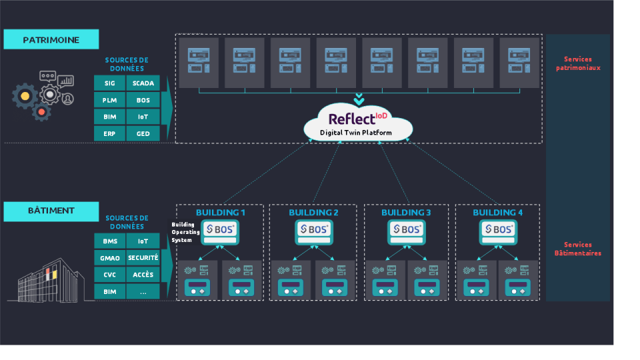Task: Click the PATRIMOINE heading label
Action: click(x=51, y=39)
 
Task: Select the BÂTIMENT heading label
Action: click(x=51, y=211)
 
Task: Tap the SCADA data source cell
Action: click(x=143, y=83)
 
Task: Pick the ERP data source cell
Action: click(x=109, y=133)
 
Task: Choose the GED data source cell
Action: click(x=143, y=133)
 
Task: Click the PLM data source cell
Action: click(x=109, y=100)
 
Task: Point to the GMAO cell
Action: click(x=109, y=257)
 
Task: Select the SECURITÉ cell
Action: click(x=143, y=257)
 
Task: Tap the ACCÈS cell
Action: click(x=143, y=274)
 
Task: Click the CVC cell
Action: click(x=109, y=274)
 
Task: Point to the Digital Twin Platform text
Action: click(x=357, y=133)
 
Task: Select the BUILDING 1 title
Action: click(x=221, y=213)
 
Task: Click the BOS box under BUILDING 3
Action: click(x=406, y=229)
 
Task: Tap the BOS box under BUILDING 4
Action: click(x=498, y=229)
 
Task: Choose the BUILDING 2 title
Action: click(x=313, y=213)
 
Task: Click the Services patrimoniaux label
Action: click(x=577, y=63)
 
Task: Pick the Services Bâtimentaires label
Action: click(x=577, y=249)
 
